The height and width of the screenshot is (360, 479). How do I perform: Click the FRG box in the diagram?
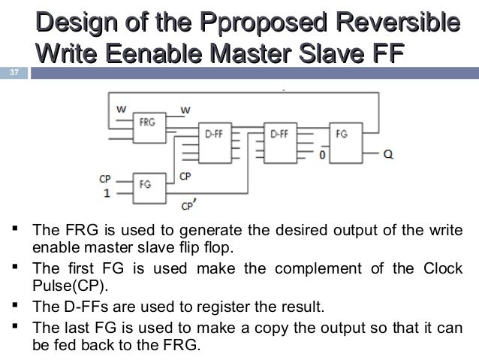[x=147, y=124]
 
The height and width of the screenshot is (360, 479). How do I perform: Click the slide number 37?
[x=13, y=72]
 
